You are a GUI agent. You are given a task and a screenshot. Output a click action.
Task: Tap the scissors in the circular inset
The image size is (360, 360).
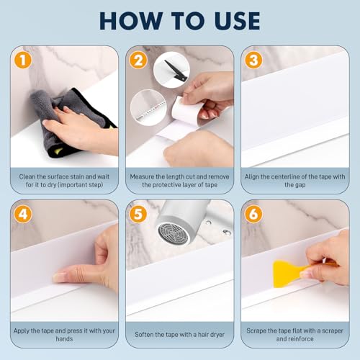[174, 70]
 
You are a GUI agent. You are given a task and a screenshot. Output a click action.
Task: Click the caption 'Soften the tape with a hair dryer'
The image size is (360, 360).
[179, 335]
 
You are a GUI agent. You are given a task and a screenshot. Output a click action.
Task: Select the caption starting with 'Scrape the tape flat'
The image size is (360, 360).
[294, 335]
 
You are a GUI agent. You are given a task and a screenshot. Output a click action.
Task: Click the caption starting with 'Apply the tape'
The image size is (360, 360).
[64, 335]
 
